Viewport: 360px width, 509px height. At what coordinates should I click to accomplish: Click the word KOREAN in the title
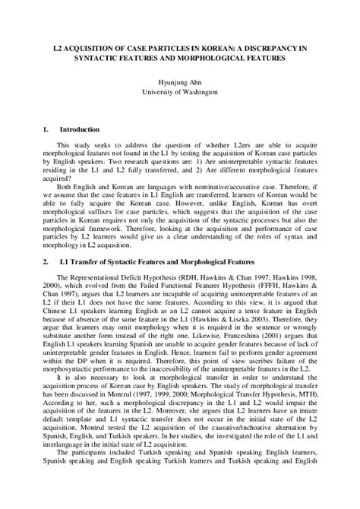pos(197,47)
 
